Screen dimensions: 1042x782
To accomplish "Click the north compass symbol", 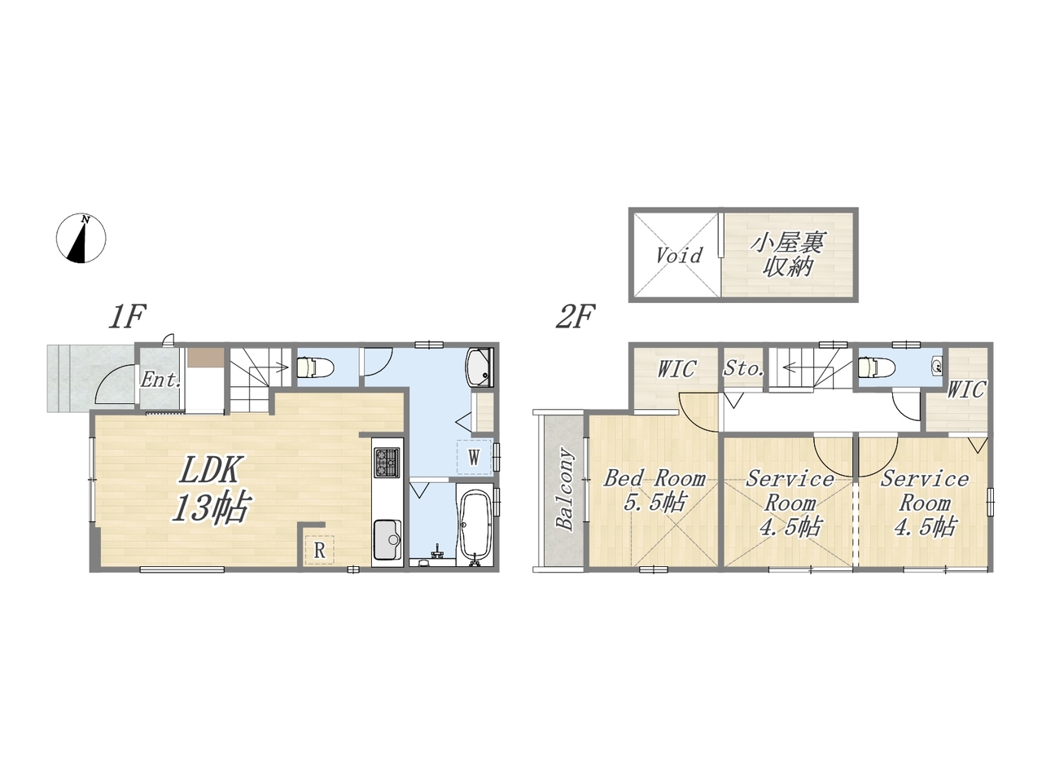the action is coord(81,238).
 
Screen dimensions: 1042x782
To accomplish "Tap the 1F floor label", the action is coord(127,317).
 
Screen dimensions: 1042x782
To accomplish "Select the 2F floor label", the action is coord(576,317).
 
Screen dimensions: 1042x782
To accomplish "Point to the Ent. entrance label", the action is coord(161,380).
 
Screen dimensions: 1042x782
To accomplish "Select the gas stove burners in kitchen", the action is coord(387,463).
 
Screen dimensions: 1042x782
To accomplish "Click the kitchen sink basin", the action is coord(387,540).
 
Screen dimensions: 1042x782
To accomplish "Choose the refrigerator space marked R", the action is coord(319,550).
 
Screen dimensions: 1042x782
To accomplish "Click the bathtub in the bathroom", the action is coord(475,527).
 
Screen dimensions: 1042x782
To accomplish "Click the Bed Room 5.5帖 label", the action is coord(655,490).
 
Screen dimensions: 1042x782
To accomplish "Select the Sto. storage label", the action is coord(744,368).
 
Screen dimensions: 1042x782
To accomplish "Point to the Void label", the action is coord(679,256).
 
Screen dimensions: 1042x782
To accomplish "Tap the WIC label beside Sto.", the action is coord(677,369).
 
